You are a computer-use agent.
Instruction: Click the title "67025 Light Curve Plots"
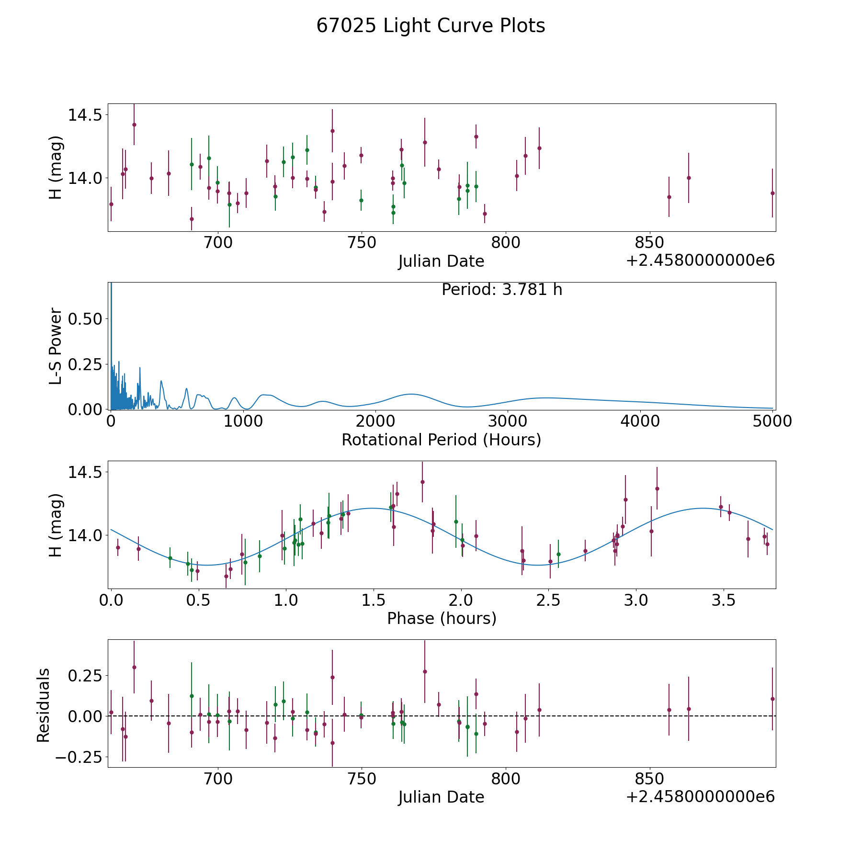coord(431,26)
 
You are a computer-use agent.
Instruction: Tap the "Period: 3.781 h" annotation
coord(501,290)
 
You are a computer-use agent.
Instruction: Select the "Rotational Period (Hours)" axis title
coord(441,440)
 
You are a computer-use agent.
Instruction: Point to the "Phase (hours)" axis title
coord(442,618)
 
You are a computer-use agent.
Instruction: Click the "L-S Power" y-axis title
coord(56,346)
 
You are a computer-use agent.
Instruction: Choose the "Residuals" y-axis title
coord(44,705)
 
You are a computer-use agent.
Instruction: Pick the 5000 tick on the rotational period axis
coord(772,421)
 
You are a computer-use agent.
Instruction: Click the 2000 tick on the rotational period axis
coord(375,421)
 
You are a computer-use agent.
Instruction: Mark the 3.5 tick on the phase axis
coord(723,600)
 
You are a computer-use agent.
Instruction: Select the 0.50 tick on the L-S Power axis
coord(85,319)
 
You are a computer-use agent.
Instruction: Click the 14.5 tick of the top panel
coord(85,115)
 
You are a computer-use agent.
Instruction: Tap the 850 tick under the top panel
coord(649,243)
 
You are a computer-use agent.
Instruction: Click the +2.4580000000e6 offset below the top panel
coord(700,261)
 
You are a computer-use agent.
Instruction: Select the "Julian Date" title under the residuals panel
coord(441,797)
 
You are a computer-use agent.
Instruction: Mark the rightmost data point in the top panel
coord(772,193)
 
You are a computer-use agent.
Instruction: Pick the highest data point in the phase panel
coord(422,482)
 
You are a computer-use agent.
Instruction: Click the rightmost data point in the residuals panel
coord(772,699)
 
